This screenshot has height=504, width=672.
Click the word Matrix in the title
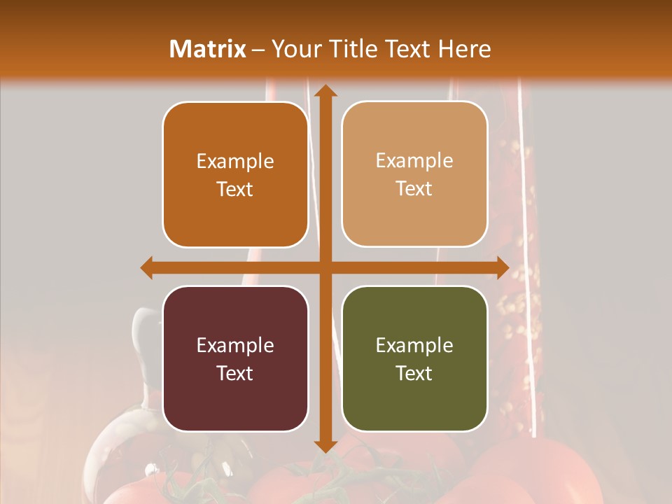pos(208,49)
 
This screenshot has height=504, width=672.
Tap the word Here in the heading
pos(464,49)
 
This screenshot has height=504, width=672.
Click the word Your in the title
pos(295,49)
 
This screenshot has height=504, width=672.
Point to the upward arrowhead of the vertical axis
pos(324,91)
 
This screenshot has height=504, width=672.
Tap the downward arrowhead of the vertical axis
pos(324,445)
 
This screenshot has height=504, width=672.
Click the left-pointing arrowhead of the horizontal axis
pos(148,267)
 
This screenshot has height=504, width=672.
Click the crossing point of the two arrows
pos(324,267)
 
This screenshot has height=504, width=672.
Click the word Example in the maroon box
pos(235,345)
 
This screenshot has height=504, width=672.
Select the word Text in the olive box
pos(414,373)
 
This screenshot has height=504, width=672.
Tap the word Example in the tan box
pos(414,161)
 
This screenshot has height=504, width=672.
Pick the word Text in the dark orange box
pos(235,189)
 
